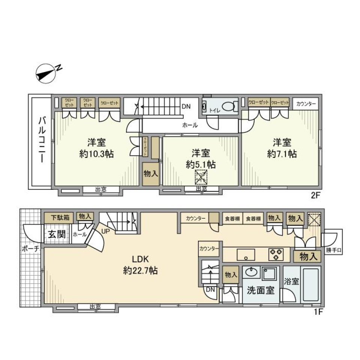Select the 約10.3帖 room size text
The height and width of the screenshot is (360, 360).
(97, 154)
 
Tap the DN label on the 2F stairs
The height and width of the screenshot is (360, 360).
(186, 106)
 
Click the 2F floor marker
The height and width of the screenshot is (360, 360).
(314, 195)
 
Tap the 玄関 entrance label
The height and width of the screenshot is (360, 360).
(57, 235)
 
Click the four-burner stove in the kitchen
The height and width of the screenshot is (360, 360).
(276, 254)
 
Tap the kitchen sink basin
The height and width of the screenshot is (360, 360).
(246, 255)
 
